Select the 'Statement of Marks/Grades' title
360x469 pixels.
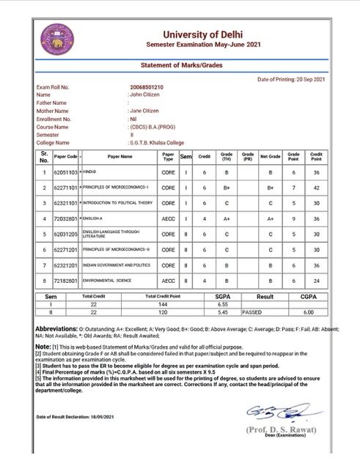pyautogui.click(x=181, y=65)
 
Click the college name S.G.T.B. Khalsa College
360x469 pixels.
pyautogui.click(x=158, y=143)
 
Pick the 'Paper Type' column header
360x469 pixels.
pyautogui.click(x=168, y=157)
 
